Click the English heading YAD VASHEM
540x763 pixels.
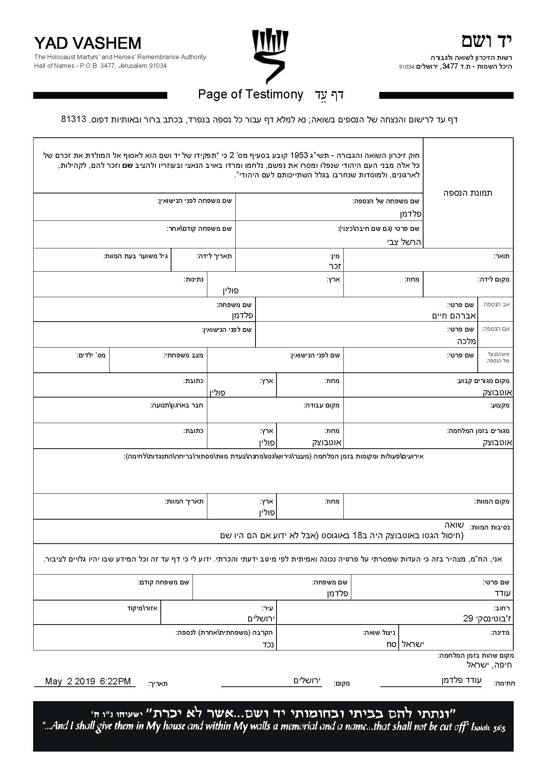pos(88,43)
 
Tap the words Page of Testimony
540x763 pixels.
pos(251,94)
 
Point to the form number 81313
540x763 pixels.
pos(74,119)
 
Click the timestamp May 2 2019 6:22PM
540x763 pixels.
pos(88,681)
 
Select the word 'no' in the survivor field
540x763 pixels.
pos(391,644)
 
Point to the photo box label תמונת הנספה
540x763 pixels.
pos(468,193)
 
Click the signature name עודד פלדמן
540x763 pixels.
pos(461,680)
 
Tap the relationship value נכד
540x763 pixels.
pos(267,645)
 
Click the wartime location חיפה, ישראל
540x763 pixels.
pos(489,665)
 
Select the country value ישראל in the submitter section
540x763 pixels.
pos(413,644)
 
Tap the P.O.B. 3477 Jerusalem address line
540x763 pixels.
pos(100,66)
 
